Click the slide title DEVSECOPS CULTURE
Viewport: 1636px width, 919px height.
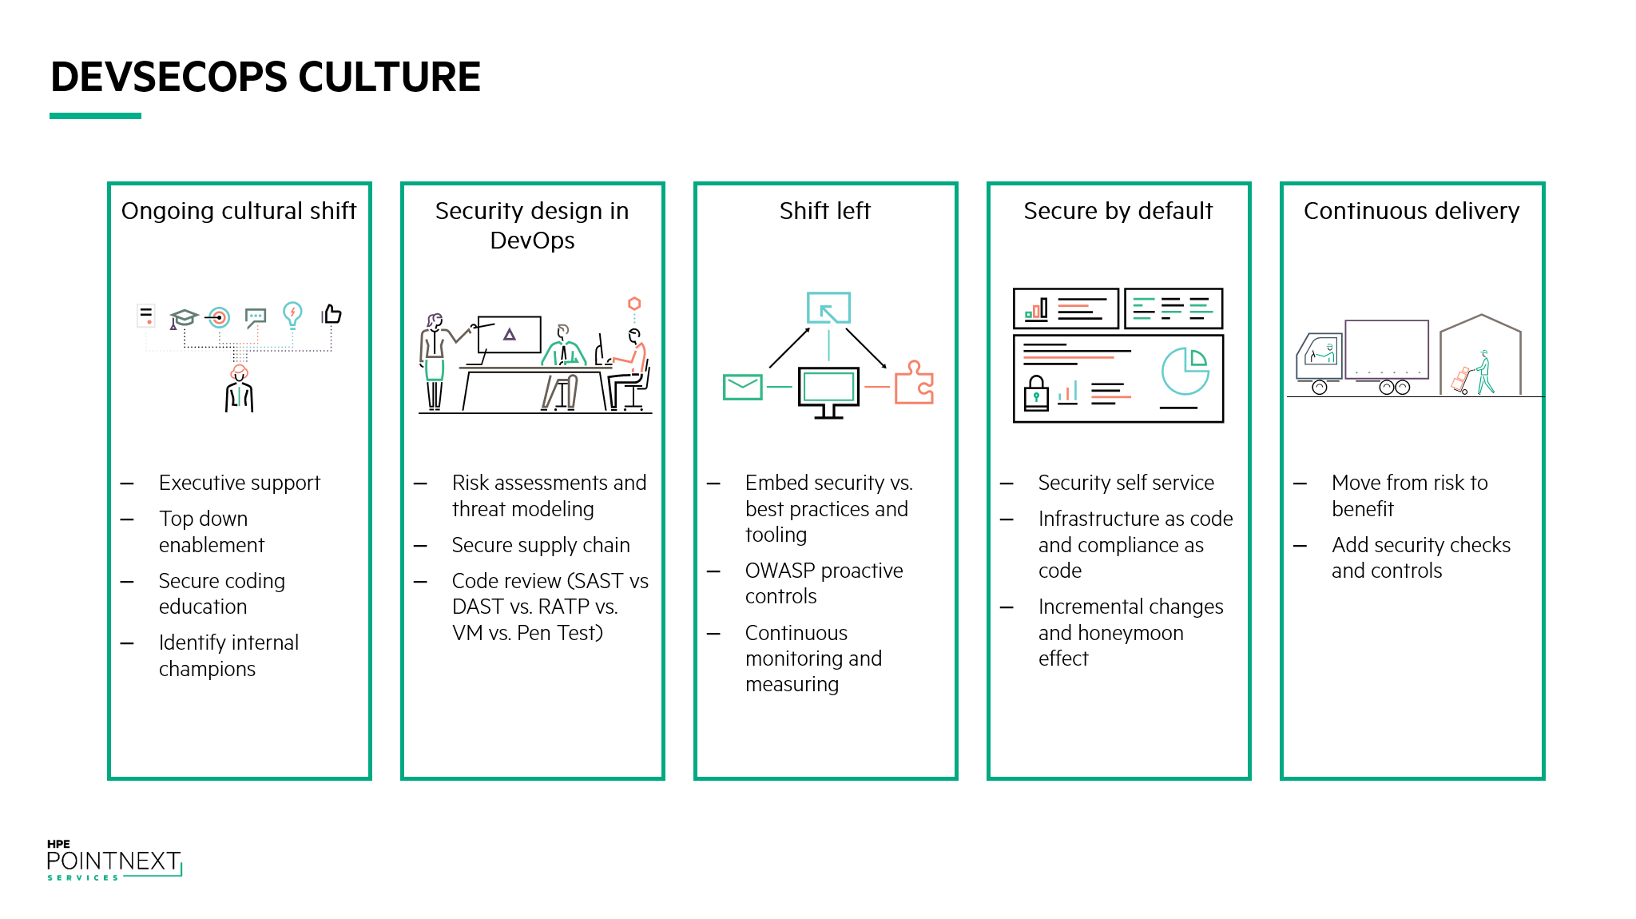click(x=265, y=77)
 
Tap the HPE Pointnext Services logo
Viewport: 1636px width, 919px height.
click(x=114, y=861)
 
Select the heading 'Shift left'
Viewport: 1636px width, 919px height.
click(x=824, y=210)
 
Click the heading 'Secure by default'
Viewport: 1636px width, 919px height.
click(x=1118, y=210)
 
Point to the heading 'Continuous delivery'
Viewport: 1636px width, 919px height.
click(x=1412, y=210)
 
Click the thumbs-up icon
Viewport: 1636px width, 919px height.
click(x=332, y=314)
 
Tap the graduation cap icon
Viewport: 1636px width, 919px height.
click(x=183, y=318)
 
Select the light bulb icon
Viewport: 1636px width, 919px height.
click(x=292, y=315)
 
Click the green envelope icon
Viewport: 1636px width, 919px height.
click(x=742, y=387)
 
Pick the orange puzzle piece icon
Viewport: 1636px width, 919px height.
click(x=913, y=383)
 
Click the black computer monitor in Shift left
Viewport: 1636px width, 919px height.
click(x=828, y=392)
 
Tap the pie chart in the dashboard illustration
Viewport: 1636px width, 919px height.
click(x=1185, y=371)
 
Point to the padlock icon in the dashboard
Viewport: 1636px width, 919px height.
click(x=1036, y=392)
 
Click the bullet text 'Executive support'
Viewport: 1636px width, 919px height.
click(x=239, y=483)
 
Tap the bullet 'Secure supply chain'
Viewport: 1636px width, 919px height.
click(x=541, y=545)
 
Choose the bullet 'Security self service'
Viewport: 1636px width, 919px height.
click(x=1126, y=483)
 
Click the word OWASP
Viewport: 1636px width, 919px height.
click(x=780, y=571)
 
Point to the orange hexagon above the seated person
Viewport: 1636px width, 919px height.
click(x=634, y=304)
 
